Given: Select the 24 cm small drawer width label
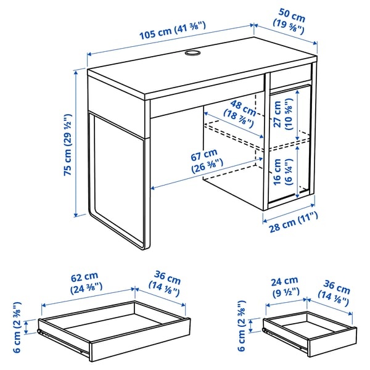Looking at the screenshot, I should point(284,286).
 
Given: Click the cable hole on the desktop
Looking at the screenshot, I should point(193,54).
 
